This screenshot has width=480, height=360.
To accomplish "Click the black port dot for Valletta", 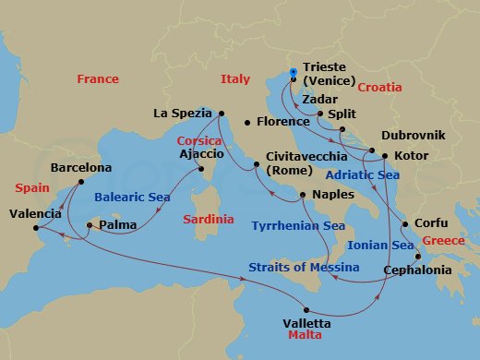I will click(x=308, y=311).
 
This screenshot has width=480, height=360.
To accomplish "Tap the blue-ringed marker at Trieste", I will click(x=293, y=72).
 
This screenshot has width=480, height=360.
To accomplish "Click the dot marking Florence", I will click(x=246, y=122).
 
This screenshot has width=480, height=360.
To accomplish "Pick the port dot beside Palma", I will click(x=90, y=224).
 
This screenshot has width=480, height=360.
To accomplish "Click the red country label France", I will click(x=98, y=79).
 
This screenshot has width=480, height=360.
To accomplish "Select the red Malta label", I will click(x=305, y=337).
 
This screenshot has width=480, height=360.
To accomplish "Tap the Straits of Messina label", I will click(x=304, y=268).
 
